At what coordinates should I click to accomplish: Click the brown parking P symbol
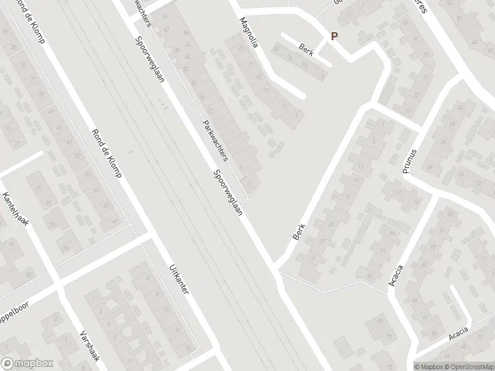pos(334,36)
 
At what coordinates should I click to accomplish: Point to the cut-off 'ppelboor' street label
pos(15,307)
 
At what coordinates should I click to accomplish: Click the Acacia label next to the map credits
pos(460,335)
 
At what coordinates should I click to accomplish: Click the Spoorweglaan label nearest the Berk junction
pos(227,192)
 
